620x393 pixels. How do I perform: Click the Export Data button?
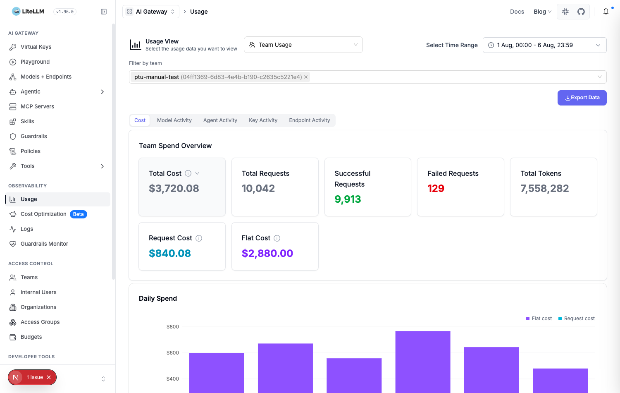click(x=582, y=98)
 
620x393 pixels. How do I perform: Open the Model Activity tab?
click(x=174, y=120)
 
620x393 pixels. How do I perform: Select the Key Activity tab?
click(x=263, y=120)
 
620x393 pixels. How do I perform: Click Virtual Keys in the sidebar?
click(x=36, y=47)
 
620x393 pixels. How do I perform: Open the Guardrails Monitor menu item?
click(x=44, y=244)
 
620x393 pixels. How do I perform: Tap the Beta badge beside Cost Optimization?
click(x=79, y=214)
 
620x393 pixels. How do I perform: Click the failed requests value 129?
click(x=436, y=188)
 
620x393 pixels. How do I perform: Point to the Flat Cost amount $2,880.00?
click(x=267, y=253)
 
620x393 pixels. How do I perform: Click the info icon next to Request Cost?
click(x=199, y=238)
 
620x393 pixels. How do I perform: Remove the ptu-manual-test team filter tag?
click(x=306, y=77)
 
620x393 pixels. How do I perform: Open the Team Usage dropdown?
click(x=303, y=45)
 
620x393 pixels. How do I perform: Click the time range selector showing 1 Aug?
click(x=544, y=45)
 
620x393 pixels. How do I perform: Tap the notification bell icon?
click(x=606, y=12)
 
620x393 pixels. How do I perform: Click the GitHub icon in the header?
click(x=581, y=12)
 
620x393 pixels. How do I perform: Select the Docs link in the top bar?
click(x=517, y=12)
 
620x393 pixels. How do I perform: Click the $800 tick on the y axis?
click(x=173, y=326)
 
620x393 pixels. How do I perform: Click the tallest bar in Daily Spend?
click(x=423, y=362)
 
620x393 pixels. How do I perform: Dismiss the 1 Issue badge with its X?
click(x=49, y=377)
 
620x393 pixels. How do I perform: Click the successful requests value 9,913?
click(x=348, y=199)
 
